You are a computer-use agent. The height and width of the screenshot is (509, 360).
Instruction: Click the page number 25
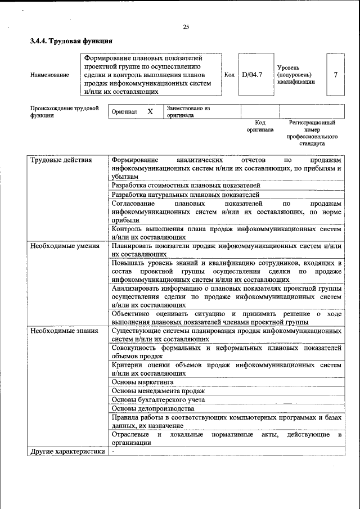tap(186, 27)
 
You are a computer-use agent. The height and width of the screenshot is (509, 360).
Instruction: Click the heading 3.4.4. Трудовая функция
tap(71, 41)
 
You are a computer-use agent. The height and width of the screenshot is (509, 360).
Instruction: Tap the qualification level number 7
tap(335, 74)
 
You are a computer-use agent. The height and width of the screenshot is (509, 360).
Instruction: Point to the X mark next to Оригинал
tap(150, 111)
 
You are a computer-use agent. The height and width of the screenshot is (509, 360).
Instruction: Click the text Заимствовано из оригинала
tap(188, 111)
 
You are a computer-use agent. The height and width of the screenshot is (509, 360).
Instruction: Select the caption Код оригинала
tap(260, 126)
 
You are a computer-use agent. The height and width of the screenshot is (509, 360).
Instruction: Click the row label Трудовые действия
tap(61, 160)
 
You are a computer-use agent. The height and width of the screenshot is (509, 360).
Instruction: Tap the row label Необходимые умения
tap(65, 246)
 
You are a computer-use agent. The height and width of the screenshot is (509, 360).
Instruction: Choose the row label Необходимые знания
tap(64, 331)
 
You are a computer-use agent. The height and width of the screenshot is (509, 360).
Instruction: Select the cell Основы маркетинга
tap(142, 382)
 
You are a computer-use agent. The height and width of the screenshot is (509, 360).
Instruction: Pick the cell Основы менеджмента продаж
tap(158, 391)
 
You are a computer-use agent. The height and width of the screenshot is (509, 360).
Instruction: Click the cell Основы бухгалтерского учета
tap(158, 400)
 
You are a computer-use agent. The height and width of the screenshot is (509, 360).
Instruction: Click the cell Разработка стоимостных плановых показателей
tap(186, 185)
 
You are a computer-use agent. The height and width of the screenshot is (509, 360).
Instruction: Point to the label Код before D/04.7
tap(229, 74)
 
